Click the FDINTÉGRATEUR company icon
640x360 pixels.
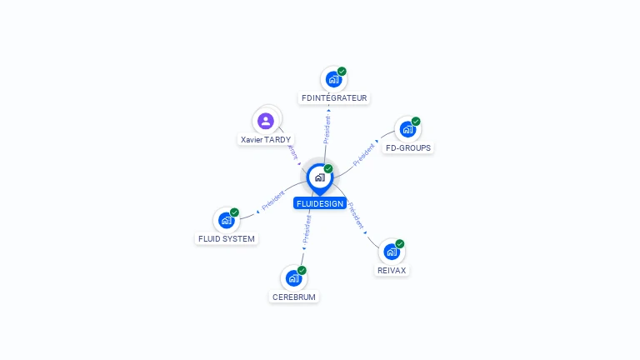click(333, 80)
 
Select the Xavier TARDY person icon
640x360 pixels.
click(266, 122)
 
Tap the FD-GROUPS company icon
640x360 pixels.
click(407, 129)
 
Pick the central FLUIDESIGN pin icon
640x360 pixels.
click(319, 177)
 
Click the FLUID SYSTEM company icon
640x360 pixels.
click(225, 220)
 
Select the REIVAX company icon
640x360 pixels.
click(391, 252)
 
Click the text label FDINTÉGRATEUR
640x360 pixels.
click(334, 98)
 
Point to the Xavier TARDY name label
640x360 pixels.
click(266, 140)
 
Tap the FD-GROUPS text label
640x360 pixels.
click(408, 147)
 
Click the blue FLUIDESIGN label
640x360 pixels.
click(319, 203)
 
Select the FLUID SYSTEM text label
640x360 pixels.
click(226, 238)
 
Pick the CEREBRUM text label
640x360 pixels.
click(295, 297)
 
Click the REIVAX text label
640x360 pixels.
click(392, 270)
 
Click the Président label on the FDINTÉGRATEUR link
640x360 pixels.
click(327, 130)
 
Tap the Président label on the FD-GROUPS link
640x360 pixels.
click(364, 155)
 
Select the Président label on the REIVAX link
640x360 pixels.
click(355, 215)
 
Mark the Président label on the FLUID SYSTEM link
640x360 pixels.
click(273, 201)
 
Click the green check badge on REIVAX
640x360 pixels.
click(400, 244)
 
